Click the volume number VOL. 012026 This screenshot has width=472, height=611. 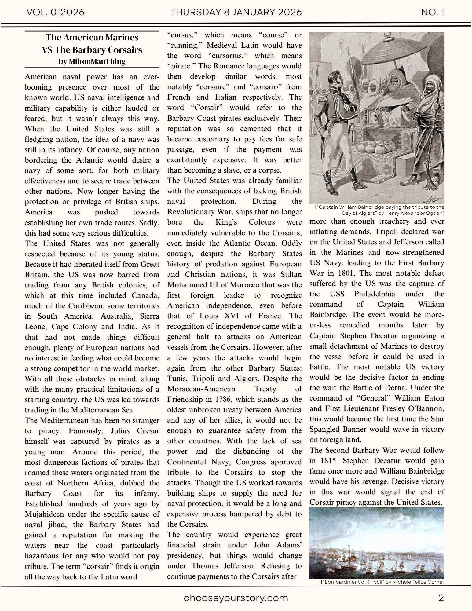pos(55,12)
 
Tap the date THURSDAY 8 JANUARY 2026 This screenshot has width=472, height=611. pos(236,12)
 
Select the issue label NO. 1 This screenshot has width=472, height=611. pos(433,12)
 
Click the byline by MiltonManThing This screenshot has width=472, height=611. pos(92,61)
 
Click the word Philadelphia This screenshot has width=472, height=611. pos(375,294)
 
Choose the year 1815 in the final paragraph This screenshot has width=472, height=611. pos(329,461)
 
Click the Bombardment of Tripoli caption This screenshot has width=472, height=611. pos(382,582)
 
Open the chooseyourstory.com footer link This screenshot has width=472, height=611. pos(236,598)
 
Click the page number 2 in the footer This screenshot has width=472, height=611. pos(441,598)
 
